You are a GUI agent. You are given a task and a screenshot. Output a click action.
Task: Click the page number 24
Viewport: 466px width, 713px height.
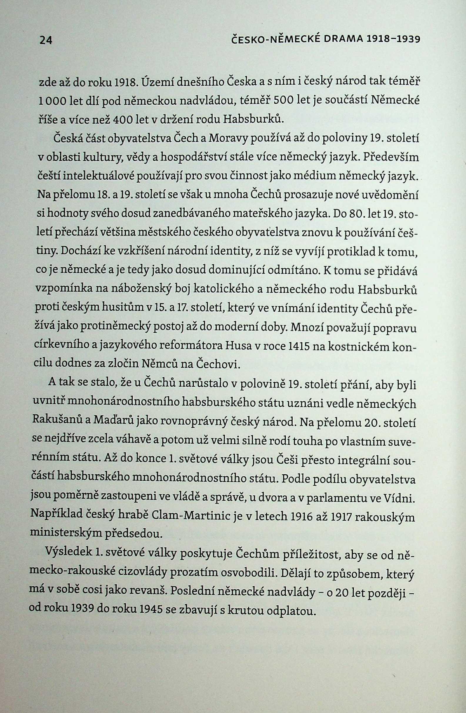click(46, 40)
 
